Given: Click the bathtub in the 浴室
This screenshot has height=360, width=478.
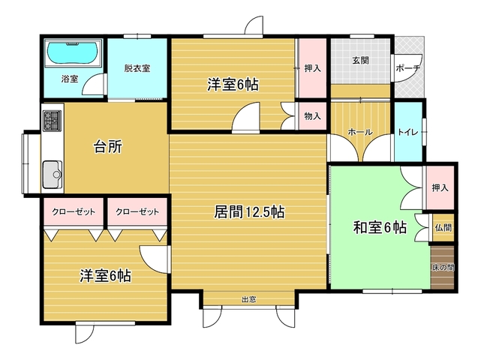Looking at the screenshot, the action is point(73,52).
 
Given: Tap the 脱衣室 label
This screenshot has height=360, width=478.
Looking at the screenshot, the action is point(137,68).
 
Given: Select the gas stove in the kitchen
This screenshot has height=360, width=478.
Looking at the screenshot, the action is point(53,121).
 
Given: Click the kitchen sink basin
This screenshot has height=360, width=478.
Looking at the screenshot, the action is point(53,175).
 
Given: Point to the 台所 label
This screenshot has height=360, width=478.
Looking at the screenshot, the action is point(108,146).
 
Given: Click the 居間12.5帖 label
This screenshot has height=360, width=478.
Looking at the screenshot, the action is point(249,212).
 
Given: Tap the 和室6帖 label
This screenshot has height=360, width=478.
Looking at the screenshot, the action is point(380,227).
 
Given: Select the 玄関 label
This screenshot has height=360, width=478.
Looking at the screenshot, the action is point(361,60).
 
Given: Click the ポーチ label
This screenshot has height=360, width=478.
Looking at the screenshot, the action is point(408,68).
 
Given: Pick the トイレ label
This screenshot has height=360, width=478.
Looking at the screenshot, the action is point(408,132).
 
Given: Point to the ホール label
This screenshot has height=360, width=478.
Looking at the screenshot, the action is point(360,132).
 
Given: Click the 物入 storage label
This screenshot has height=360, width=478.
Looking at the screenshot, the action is point(312,116).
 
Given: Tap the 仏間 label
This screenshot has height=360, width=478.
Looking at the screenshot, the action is point(443,227).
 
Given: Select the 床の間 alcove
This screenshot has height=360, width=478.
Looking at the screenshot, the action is point(443,267).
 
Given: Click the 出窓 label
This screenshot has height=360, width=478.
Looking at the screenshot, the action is point(249,300).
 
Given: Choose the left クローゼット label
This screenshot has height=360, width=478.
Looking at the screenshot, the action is point(74,211).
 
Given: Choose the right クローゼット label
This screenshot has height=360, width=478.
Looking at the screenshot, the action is point(137,211).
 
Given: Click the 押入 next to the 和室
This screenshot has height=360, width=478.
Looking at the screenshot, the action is point(440,188).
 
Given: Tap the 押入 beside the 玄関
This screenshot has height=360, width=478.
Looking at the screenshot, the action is point(312,68).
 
